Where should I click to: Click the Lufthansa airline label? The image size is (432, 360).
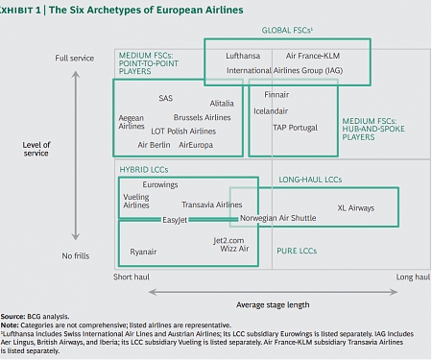pos(244,56)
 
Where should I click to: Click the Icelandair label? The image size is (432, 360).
pos(273,110)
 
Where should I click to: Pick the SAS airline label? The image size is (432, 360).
pos(165,98)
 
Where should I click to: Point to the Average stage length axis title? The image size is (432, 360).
pos(273,304)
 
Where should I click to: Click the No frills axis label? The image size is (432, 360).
pos(77,256)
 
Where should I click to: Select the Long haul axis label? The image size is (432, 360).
pos(412,276)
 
